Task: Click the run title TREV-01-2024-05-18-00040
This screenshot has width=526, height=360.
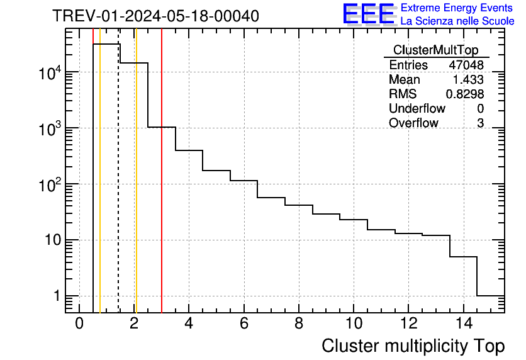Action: click(155, 16)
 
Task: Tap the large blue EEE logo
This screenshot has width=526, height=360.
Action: click(369, 14)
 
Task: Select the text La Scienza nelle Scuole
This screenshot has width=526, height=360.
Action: click(457, 21)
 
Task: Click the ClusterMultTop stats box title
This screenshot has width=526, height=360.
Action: click(435, 50)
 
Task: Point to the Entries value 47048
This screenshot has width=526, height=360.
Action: click(466, 65)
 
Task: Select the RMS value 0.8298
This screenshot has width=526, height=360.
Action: click(465, 94)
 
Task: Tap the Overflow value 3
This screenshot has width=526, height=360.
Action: click(480, 123)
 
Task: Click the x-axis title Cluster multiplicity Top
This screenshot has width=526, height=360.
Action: click(413, 346)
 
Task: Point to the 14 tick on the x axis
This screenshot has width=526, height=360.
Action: click(463, 324)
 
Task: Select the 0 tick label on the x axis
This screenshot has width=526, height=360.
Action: click(79, 324)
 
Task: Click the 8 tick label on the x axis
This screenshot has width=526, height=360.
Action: click(298, 324)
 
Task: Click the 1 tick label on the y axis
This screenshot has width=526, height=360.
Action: click(57, 296)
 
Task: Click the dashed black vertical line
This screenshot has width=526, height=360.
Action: click(119, 189)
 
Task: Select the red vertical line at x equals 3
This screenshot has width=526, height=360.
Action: click(162, 189)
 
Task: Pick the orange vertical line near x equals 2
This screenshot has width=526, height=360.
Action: click(136, 189)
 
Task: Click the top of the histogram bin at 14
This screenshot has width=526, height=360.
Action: click(463, 257)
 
